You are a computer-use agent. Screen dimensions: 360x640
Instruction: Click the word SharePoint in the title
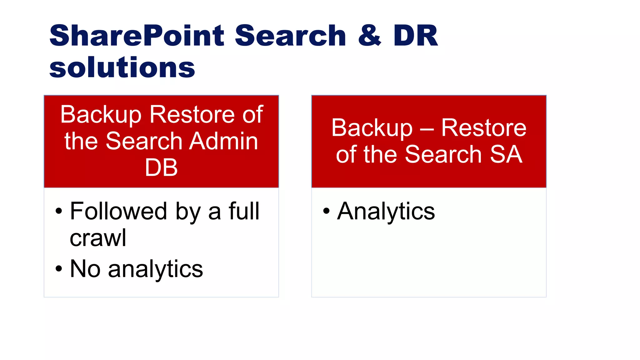pyautogui.click(x=137, y=36)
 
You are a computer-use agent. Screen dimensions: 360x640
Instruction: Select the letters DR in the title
pyautogui.click(x=416, y=36)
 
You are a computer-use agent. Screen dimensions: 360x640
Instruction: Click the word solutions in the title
pyautogui.click(x=122, y=67)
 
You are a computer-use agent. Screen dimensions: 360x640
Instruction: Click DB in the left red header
pyautogui.click(x=161, y=167)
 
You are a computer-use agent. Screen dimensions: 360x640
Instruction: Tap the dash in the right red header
pyautogui.click(x=427, y=129)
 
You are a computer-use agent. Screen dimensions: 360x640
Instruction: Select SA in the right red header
pyautogui.click(x=506, y=154)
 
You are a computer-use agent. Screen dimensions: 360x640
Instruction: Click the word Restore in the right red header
pyautogui.click(x=484, y=128)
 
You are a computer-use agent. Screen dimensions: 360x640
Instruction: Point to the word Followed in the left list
pyautogui.click(x=118, y=211)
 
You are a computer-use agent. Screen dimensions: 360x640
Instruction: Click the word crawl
pyautogui.click(x=98, y=238)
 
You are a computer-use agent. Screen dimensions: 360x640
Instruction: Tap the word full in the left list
pyautogui.click(x=244, y=211)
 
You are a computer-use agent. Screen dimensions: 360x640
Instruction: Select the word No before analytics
pyautogui.click(x=85, y=269)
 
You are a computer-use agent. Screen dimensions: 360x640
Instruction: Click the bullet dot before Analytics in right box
pyautogui.click(x=326, y=211)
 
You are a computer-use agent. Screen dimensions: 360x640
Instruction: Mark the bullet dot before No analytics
pyautogui.click(x=59, y=269)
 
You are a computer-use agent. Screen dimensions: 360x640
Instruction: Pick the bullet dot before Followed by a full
pyautogui.click(x=59, y=211)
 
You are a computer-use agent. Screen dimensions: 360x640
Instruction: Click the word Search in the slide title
pyautogui.click(x=290, y=36)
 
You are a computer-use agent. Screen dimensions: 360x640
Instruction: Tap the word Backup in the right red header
pyautogui.click(x=372, y=128)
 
